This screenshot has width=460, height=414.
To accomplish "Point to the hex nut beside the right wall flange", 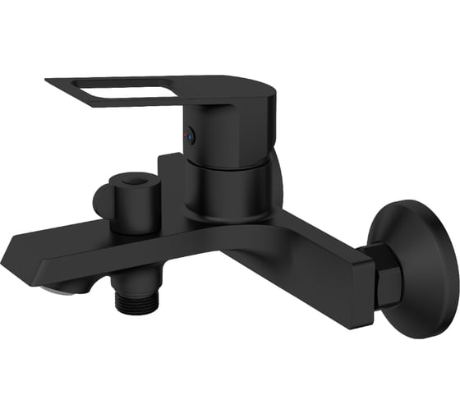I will (x=386, y=281).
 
